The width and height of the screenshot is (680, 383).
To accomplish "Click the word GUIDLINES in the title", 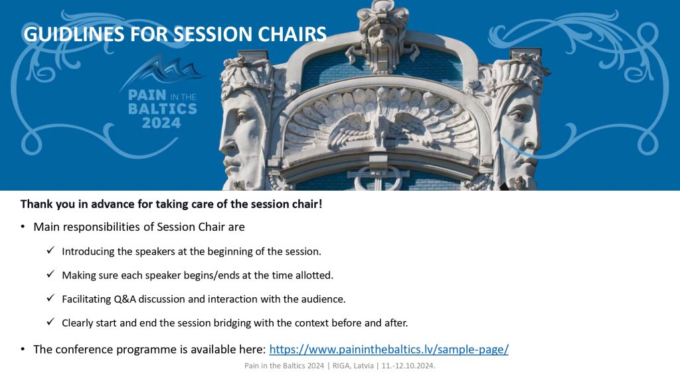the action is (74, 35).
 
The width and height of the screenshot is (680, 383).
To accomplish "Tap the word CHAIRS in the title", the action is (292, 35).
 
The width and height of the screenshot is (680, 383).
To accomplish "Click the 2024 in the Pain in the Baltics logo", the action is (161, 123).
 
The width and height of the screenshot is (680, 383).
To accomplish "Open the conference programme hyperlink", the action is (388, 350).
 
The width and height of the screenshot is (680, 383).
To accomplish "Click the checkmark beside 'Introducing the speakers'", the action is (50, 251).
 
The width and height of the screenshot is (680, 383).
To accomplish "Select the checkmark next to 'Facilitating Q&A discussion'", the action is (50, 299).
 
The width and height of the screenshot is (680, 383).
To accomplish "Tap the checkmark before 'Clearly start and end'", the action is (50, 322).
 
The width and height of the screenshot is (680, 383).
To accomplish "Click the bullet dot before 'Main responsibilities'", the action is (23, 227).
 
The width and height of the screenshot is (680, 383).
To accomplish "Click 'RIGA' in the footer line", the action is (341, 366).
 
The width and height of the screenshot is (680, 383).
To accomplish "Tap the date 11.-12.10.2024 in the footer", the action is (408, 366).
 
